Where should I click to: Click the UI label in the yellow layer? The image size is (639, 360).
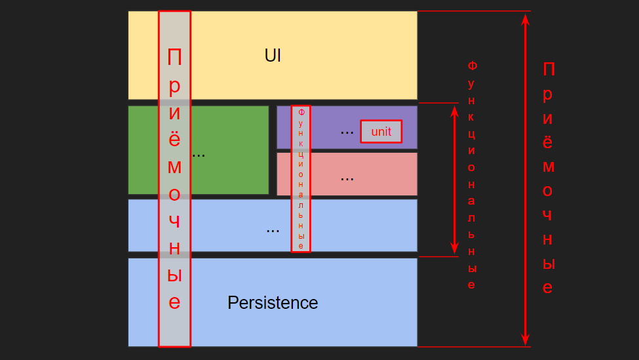point(273,56)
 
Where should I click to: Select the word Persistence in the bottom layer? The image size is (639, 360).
point(273,303)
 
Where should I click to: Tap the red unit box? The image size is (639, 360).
point(381,131)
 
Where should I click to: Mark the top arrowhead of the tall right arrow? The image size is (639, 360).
point(525,19)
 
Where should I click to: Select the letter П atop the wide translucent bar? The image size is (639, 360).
point(174,58)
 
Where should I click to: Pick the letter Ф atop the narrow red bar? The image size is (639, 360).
point(301,112)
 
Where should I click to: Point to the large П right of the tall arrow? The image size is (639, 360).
point(549,69)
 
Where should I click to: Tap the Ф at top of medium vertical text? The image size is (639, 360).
point(472,66)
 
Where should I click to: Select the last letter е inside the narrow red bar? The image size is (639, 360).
point(301,246)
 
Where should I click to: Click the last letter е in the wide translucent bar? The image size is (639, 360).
point(174,302)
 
